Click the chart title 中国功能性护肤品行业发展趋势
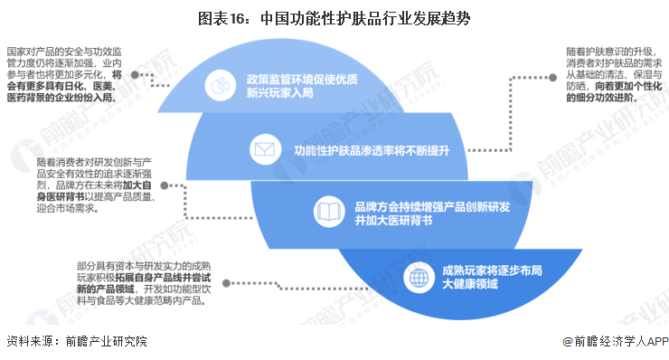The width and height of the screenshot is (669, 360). click(334, 18)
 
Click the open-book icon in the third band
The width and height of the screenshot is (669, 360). click(327, 213)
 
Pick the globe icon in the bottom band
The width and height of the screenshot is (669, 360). click(416, 275)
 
